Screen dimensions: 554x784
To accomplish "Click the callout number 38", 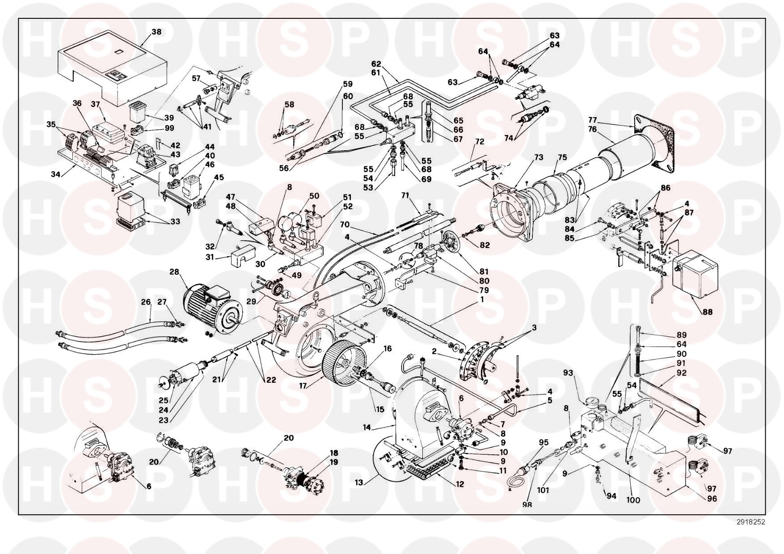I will click(156, 32).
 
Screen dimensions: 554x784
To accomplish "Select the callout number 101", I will click(543, 490).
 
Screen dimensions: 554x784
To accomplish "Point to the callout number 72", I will click(480, 142).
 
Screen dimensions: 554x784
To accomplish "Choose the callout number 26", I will click(146, 302).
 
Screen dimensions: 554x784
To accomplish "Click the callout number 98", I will click(527, 504).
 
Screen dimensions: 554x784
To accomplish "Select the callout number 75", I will click(562, 157).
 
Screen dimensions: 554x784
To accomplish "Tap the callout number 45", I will click(219, 178).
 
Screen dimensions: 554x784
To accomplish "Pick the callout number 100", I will click(634, 500).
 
